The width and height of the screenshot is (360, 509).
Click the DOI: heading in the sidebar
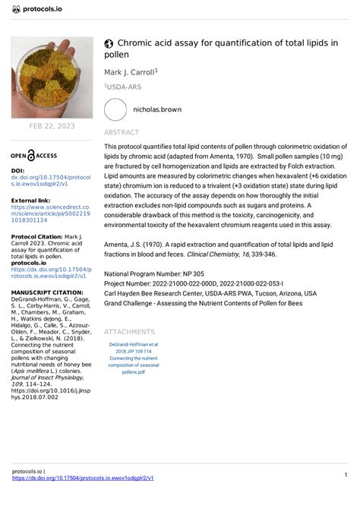[x=17, y=172]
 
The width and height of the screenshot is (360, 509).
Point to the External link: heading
[x=31, y=201]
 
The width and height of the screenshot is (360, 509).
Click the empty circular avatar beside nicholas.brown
[x=115, y=109]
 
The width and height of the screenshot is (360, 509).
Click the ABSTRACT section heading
[x=122, y=132]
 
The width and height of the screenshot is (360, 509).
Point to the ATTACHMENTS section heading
[x=129, y=332]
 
